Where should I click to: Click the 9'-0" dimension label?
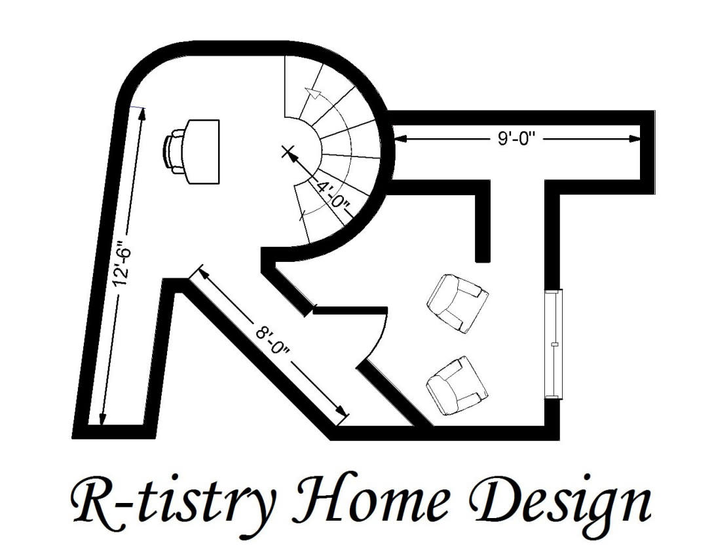pos(518,138)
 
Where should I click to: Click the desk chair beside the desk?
pos(175,151)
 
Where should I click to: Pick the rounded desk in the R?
pos(203,151)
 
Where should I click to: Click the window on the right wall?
pos(554,343)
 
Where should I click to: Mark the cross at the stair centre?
pos(287,153)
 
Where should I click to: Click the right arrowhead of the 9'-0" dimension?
pos(634,138)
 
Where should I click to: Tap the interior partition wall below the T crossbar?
pos(483,223)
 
